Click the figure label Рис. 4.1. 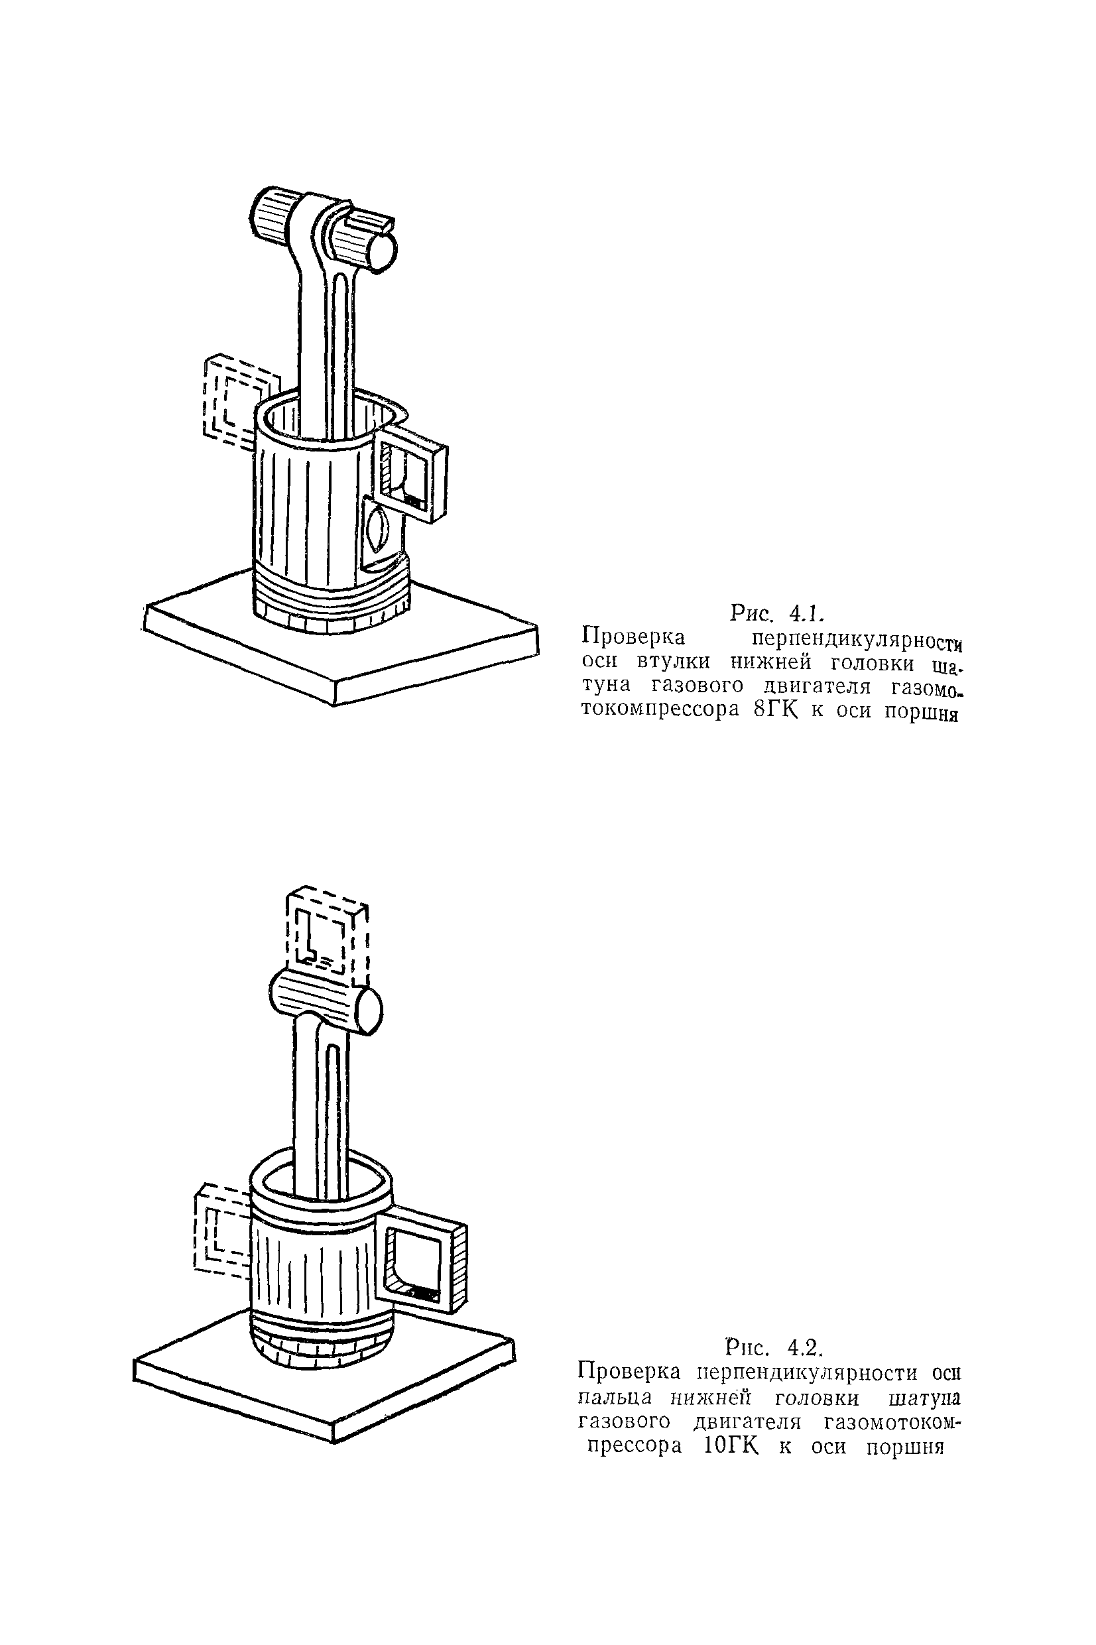[x=776, y=613]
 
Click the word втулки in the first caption [x=672, y=661]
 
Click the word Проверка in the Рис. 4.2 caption [x=629, y=1372]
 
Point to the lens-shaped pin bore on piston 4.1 [x=378, y=532]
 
